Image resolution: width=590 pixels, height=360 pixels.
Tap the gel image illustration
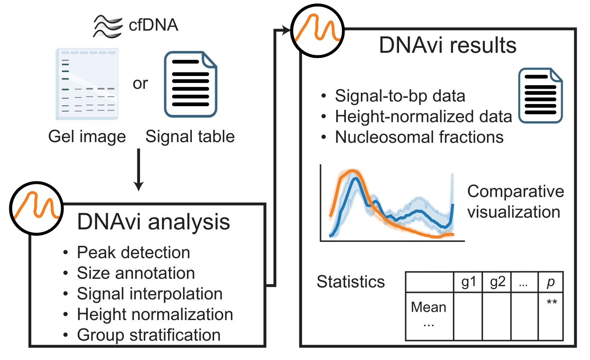click(x=87, y=83)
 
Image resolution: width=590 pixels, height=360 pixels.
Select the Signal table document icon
click(x=191, y=85)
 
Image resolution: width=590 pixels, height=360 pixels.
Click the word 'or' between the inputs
click(x=140, y=83)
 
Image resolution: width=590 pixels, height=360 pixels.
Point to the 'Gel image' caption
click(x=87, y=137)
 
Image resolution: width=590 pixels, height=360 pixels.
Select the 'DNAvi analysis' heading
click(x=153, y=222)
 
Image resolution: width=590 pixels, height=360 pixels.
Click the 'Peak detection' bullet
click(x=133, y=252)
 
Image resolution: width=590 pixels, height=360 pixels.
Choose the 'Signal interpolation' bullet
click(x=149, y=293)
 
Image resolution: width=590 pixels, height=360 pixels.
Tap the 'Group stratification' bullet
click(x=148, y=335)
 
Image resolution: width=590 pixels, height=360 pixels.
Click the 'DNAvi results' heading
click(x=448, y=45)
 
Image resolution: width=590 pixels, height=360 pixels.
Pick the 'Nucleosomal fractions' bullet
click(x=419, y=137)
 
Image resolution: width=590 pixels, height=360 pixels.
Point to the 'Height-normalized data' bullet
click(x=423, y=116)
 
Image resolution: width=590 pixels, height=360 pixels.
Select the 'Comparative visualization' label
click(x=515, y=202)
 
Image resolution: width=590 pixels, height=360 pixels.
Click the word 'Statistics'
click(x=351, y=281)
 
